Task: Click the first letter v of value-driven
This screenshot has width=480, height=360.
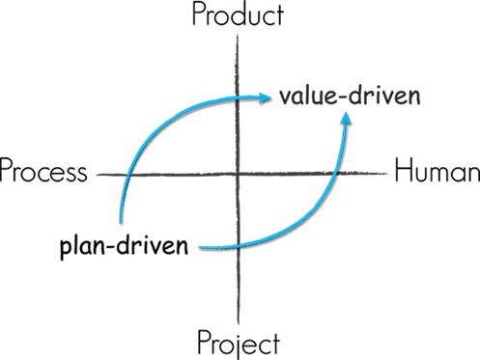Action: (285, 97)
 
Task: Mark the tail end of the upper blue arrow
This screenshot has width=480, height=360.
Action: (121, 222)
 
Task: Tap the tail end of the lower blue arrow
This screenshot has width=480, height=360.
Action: (200, 247)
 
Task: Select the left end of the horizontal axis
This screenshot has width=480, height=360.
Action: (95, 176)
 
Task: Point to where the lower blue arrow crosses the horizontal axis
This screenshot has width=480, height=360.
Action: (337, 176)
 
